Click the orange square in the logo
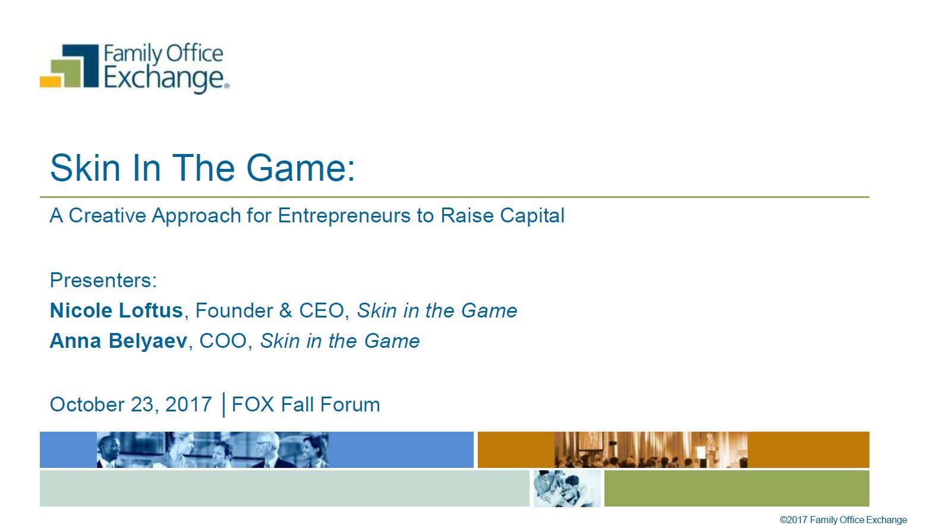(x=51, y=82)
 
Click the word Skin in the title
(x=85, y=168)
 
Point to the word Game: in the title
(x=301, y=168)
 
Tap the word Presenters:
(x=103, y=280)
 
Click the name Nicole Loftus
(x=116, y=310)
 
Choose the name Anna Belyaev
(x=118, y=341)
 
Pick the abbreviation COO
(x=223, y=341)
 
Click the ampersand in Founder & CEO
(x=285, y=310)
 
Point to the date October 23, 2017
(x=131, y=405)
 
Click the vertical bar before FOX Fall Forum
(x=224, y=405)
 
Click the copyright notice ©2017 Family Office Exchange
(x=843, y=520)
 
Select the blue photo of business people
(x=212, y=449)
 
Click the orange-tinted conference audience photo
(x=651, y=449)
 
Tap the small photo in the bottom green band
(x=567, y=488)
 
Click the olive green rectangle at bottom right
(x=737, y=488)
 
